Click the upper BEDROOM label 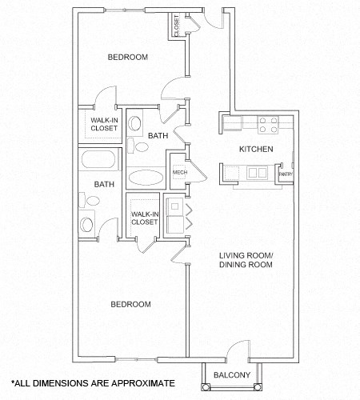(128, 57)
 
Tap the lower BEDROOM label (130, 304)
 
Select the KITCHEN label (256, 150)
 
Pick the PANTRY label (284, 174)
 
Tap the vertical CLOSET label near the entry (175, 26)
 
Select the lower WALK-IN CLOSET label (144, 218)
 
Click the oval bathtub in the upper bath (146, 177)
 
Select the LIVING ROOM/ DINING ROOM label (246, 262)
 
